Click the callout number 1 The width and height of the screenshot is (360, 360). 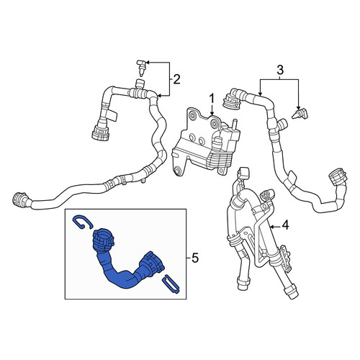coord(212,99)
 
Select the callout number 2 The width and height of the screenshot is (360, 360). coord(176,79)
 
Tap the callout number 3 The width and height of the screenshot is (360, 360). coord(280,71)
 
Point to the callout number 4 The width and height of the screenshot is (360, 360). coord(285,225)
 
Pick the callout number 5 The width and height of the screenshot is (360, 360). coord(195,258)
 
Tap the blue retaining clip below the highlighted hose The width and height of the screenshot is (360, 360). coord(171,285)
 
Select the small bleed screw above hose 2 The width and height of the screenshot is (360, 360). coord(141,68)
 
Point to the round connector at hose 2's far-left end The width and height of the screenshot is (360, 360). coord(19,199)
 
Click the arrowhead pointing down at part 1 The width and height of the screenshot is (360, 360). coord(212,113)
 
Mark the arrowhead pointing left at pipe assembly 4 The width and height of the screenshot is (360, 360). coord(271,226)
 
